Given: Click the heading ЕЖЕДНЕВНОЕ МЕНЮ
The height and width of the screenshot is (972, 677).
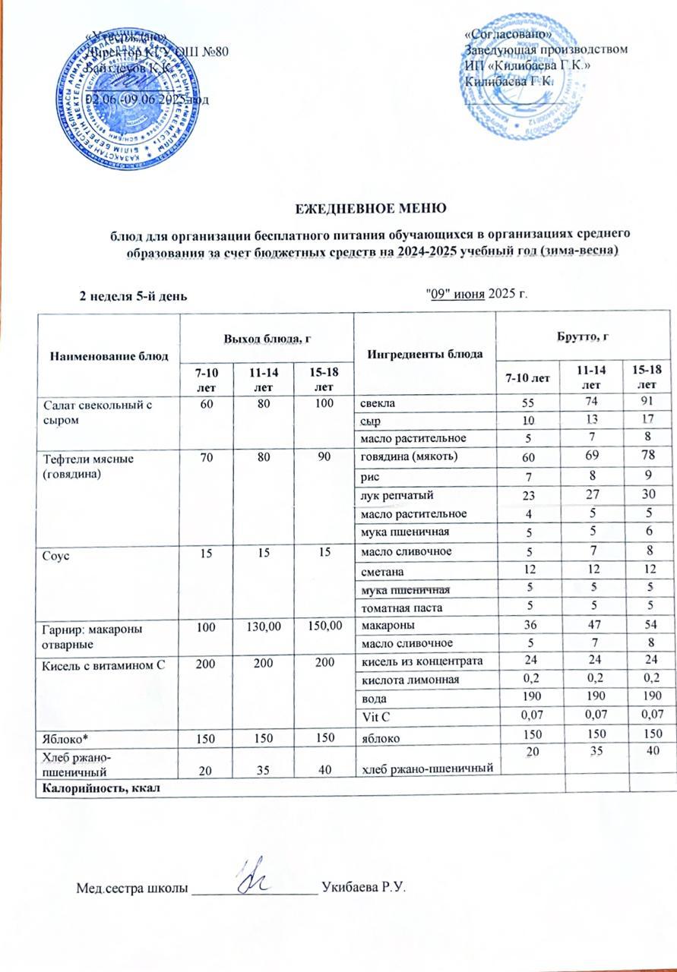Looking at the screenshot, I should pos(369,207).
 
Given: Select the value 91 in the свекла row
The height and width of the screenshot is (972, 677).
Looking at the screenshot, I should pos(648,402).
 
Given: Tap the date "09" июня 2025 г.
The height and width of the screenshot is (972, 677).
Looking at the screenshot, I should pos(474,295).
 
